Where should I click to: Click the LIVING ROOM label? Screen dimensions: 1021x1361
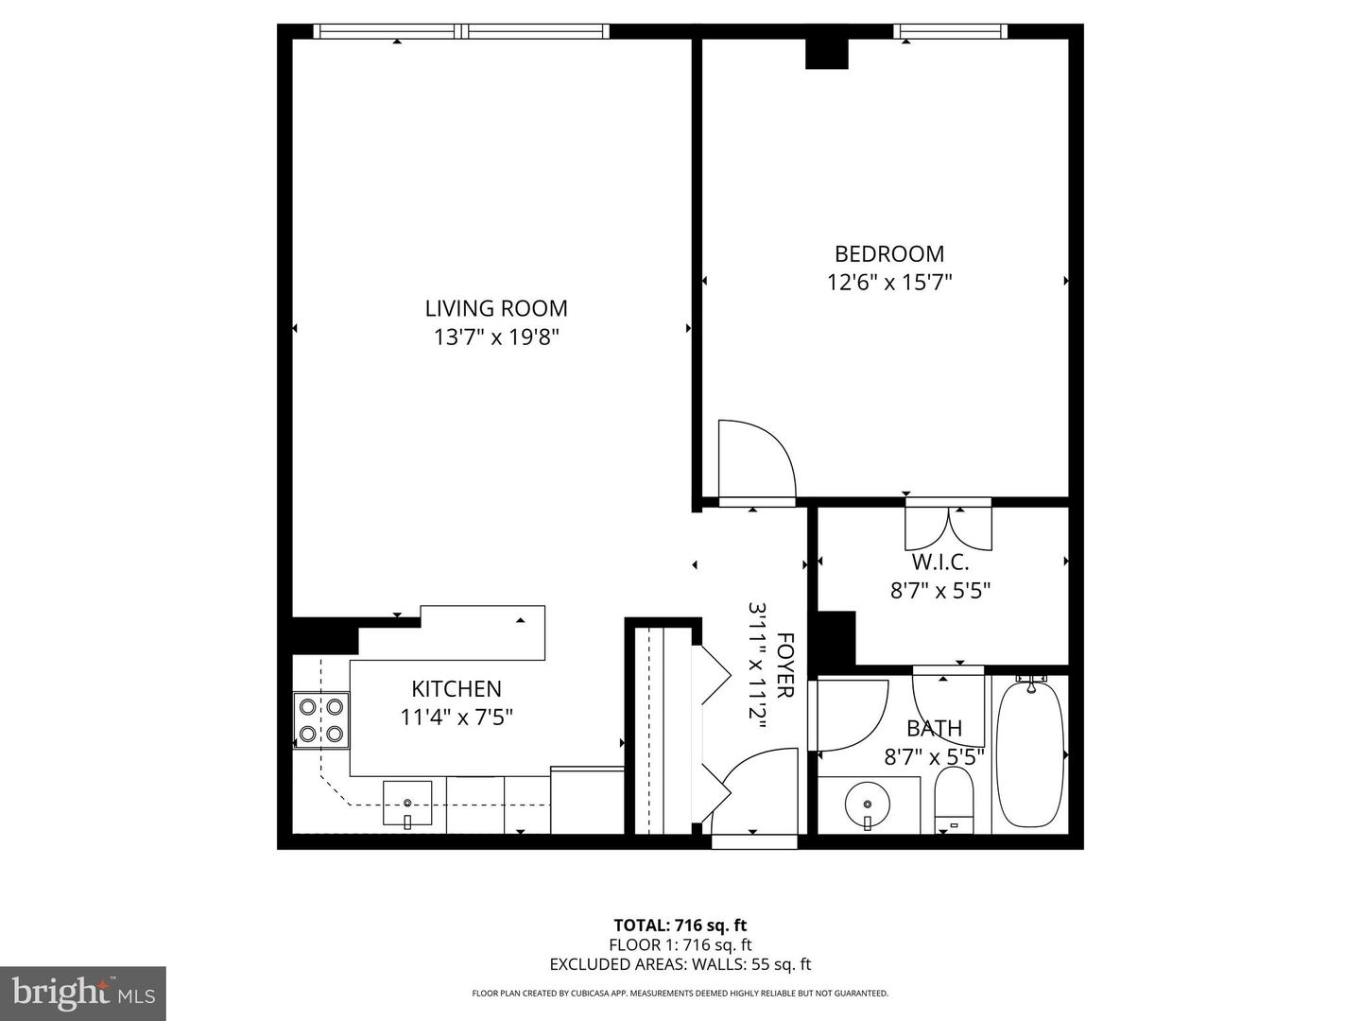point(496,308)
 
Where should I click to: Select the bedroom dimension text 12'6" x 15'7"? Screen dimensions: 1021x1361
point(888,282)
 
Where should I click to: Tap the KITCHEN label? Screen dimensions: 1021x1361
point(456,689)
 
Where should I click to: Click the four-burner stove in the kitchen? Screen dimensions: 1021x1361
point(321,718)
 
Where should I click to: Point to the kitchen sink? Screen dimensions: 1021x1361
point(407,804)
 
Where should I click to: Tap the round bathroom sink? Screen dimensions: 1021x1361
point(869,805)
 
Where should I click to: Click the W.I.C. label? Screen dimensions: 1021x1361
point(940,562)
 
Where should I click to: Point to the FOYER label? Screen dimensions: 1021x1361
point(784,665)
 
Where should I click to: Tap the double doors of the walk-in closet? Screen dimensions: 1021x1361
point(949,528)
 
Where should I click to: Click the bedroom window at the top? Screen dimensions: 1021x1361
point(950,32)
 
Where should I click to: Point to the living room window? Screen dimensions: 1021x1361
point(461,32)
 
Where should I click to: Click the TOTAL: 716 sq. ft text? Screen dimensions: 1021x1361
point(680,926)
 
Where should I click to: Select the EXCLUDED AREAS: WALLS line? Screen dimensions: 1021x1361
point(680,964)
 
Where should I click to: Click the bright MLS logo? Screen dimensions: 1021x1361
point(83,993)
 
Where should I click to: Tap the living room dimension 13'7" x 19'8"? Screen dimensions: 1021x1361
point(496,337)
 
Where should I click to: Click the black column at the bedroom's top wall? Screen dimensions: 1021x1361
point(827,53)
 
